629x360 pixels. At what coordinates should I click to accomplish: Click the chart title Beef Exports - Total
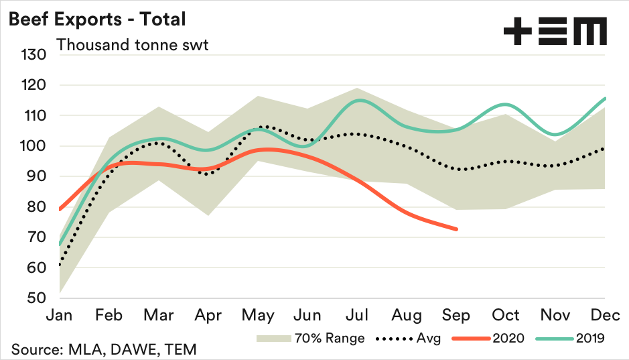tap(96, 19)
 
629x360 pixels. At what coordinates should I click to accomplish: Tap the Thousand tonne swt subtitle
tap(132, 45)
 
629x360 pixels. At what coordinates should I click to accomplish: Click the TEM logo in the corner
tap(555, 32)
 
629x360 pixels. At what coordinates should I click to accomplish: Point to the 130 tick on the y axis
tap(33, 55)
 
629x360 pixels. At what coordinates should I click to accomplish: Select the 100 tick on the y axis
tap(33, 146)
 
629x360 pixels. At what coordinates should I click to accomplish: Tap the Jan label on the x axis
tap(60, 315)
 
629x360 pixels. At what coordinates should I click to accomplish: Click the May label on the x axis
tap(258, 315)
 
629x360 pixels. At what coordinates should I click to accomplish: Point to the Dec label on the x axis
tap(606, 315)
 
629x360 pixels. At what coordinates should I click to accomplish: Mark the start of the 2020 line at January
tap(60, 210)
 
